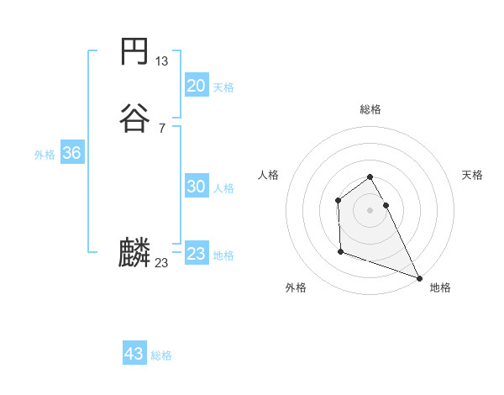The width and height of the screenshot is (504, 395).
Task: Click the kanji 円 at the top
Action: point(134,52)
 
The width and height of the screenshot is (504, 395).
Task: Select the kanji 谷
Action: point(134,118)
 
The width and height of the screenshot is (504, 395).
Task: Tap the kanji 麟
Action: point(134,253)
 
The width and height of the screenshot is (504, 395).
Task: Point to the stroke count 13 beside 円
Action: point(162,61)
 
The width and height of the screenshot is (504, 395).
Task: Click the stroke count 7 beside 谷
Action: point(162,128)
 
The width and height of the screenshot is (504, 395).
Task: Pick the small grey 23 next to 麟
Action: point(162,263)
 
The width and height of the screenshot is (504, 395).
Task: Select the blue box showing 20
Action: point(196,86)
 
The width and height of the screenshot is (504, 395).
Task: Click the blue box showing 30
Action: point(196,187)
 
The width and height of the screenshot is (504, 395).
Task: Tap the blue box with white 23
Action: point(196,254)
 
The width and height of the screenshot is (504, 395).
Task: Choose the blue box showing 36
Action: point(71,154)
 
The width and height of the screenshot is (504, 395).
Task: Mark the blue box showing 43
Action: point(134,354)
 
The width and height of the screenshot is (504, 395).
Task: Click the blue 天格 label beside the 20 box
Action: point(223,87)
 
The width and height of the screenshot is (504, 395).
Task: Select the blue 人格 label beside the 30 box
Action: point(223,188)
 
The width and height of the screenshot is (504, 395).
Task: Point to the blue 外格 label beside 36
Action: point(45,155)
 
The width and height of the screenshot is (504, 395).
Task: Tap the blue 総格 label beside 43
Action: point(161,355)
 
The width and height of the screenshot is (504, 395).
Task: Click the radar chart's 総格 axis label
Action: point(370,109)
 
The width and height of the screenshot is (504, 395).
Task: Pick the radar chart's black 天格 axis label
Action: point(472,175)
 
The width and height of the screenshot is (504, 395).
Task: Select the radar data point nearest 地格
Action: point(419,278)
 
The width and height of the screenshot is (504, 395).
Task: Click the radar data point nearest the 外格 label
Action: point(340,251)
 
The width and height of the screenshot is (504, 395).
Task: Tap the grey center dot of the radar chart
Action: point(370,210)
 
